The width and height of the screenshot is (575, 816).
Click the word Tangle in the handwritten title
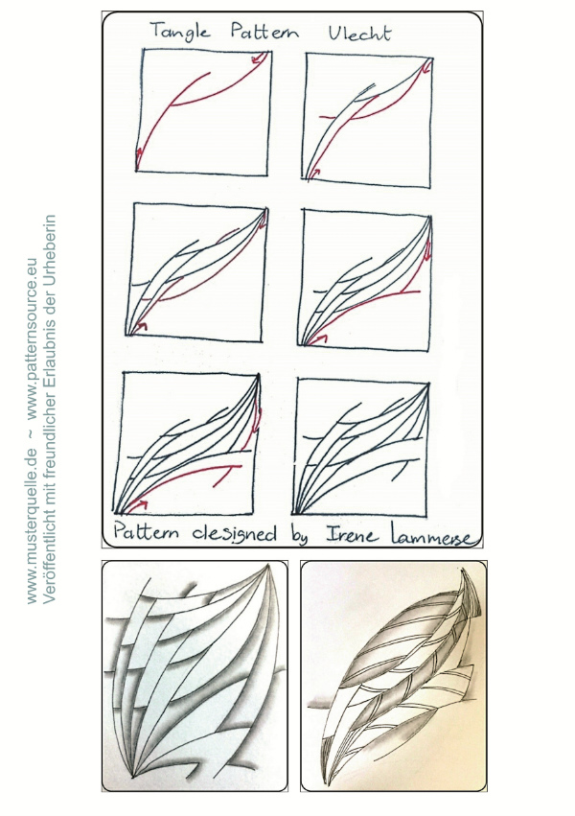(180, 32)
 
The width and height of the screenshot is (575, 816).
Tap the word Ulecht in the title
(359, 33)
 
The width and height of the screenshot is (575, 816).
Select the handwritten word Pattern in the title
(265, 32)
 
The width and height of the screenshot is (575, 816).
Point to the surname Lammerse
(432, 537)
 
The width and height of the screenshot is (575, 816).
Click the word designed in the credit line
(235, 534)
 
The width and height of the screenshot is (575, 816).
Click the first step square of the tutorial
(203, 112)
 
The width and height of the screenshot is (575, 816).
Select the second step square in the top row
(369, 120)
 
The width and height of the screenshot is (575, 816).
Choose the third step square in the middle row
(196, 271)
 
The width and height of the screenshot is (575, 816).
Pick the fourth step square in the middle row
(365, 279)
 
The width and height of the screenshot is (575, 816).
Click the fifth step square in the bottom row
(186, 442)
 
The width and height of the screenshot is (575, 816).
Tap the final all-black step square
(360, 447)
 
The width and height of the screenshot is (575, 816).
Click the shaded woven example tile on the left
(195, 675)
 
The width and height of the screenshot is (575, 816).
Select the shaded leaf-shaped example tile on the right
(394, 675)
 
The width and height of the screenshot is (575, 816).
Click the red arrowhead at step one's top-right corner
(258, 60)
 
